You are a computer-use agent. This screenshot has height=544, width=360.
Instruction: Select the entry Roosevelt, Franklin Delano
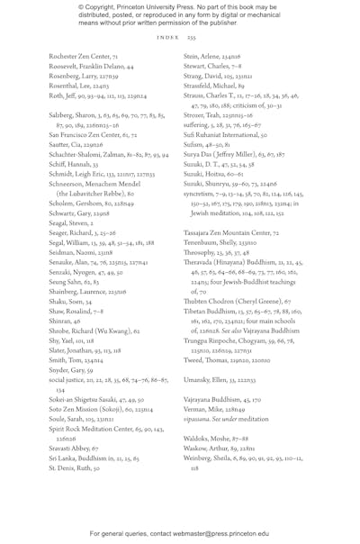click(x=91, y=67)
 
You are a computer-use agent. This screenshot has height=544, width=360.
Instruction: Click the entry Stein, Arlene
click(x=204, y=56)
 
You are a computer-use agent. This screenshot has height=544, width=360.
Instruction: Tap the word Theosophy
click(x=201, y=252)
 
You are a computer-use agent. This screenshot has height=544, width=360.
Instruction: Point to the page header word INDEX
click(x=166, y=38)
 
